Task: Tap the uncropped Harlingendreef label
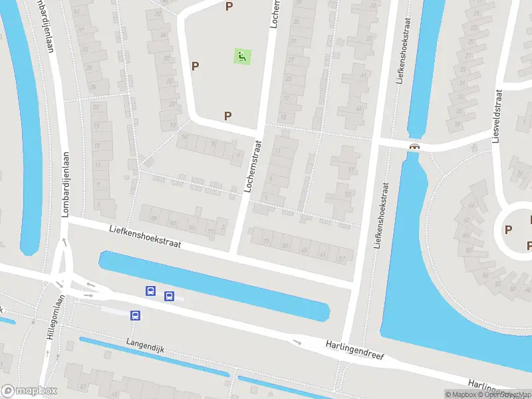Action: [x=355, y=350]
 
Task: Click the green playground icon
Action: [x=242, y=57]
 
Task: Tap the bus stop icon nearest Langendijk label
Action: [x=136, y=316]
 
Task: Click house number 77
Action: [x=211, y=232]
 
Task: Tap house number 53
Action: [x=348, y=194]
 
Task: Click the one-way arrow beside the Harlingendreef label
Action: [x=297, y=342]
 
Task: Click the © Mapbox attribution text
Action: [x=462, y=394]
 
